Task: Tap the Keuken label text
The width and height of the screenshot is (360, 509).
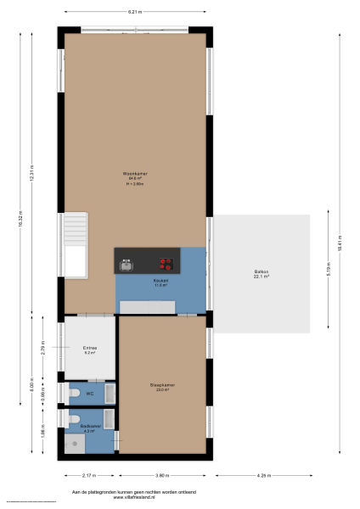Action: click(160, 281)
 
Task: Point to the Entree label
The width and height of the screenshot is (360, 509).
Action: click(89, 349)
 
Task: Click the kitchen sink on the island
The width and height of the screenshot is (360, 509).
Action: click(127, 265)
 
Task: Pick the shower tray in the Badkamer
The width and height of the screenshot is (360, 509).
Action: click(75, 441)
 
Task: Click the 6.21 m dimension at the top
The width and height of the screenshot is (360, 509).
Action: click(133, 12)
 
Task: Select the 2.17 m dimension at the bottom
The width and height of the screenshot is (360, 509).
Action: click(89, 475)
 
